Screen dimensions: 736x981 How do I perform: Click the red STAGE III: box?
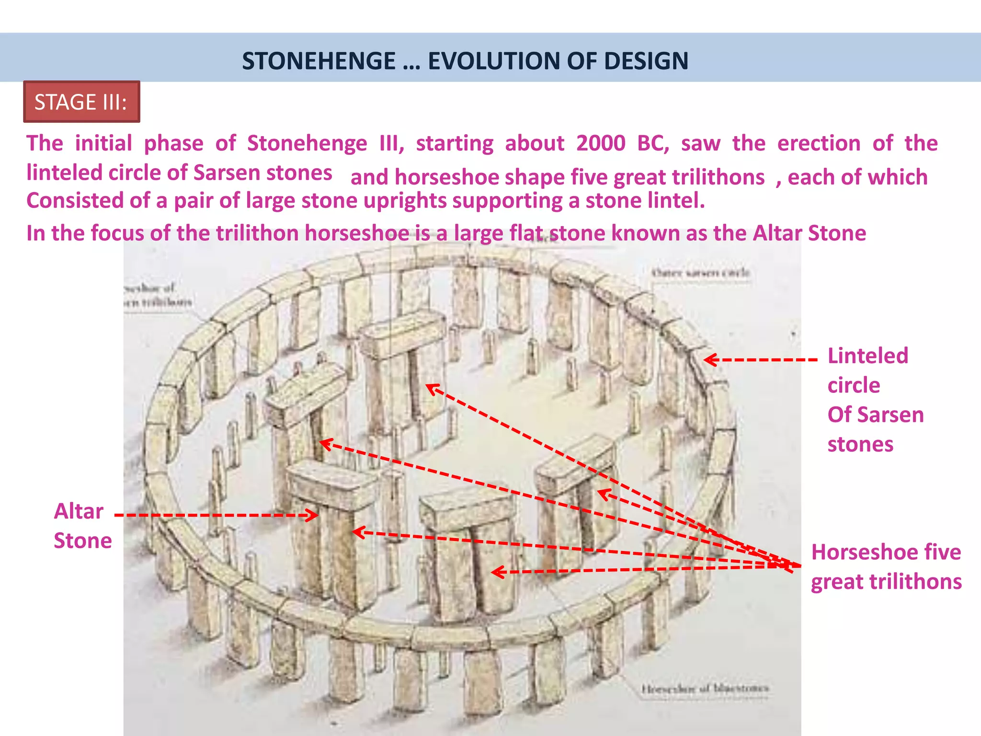click(81, 102)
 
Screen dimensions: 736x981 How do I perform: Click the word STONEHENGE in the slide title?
click(319, 61)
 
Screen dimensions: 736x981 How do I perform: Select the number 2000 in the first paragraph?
click(601, 143)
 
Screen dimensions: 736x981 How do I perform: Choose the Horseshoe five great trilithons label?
click(886, 567)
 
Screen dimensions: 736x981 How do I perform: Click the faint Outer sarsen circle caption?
click(700, 273)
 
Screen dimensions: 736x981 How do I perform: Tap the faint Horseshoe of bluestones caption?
click(705, 689)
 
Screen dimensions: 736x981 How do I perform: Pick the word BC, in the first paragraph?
click(653, 143)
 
